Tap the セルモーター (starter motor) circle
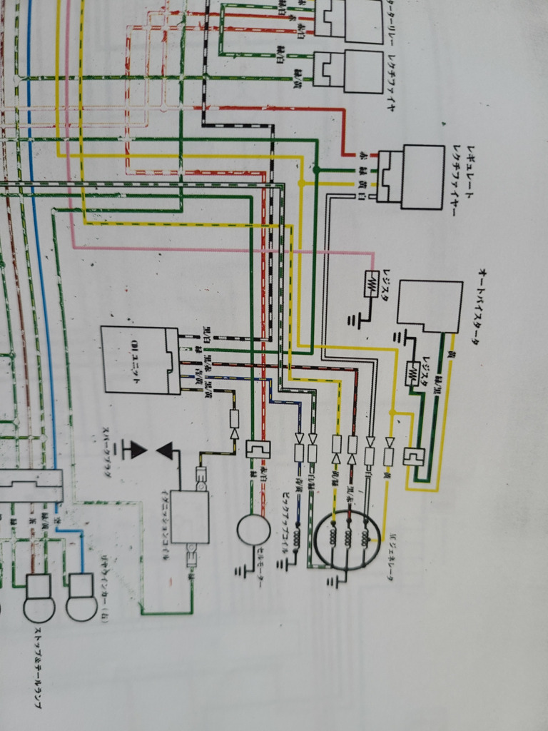253,530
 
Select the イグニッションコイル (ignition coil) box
189,517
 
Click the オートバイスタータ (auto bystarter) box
430,306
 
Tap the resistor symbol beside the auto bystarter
413,373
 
